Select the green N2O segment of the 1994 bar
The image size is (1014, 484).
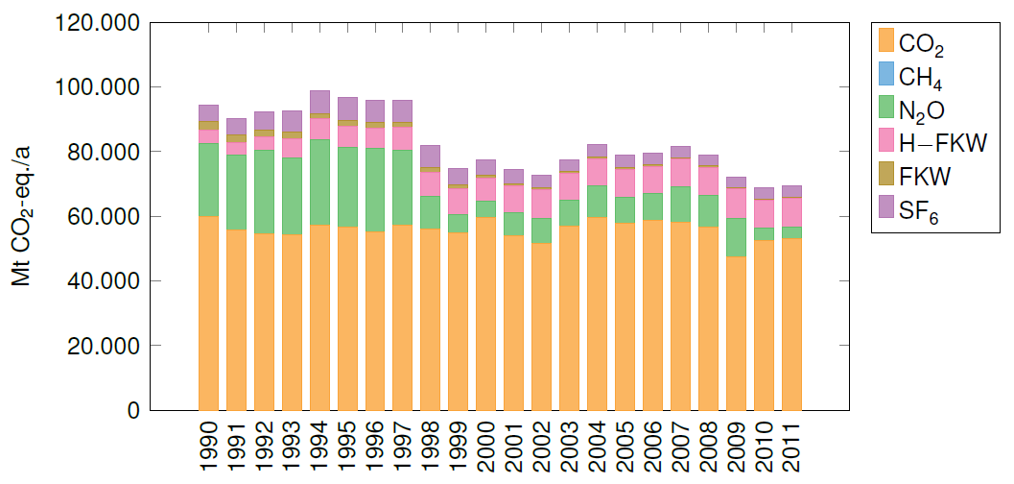point(319,181)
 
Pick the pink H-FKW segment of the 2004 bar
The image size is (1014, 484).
point(598,172)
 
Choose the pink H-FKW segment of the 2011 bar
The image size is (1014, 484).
point(792,211)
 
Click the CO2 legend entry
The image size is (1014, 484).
point(911,41)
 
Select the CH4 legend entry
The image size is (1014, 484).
point(911,75)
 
